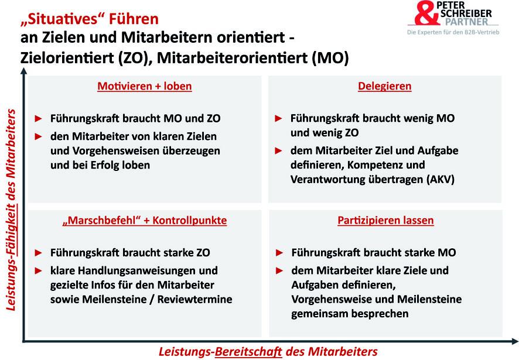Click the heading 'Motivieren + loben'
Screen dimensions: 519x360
[144, 86]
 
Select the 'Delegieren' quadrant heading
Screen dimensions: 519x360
[385, 86]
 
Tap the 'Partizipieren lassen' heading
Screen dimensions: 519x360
[385, 220]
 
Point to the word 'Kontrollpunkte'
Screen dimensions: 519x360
[190, 220]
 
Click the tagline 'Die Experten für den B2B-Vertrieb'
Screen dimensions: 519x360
[453, 32]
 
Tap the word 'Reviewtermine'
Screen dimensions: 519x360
[194, 299]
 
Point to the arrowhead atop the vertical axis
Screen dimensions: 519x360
[23, 71]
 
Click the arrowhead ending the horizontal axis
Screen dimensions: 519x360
[515, 341]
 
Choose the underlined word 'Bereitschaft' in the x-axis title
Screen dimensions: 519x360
[248, 351]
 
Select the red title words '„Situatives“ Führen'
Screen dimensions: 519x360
[90, 19]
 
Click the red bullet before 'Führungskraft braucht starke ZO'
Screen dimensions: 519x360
[39, 253]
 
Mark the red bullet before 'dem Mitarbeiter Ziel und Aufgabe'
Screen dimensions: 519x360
[278, 151]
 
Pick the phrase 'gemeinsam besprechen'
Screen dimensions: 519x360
[350, 314]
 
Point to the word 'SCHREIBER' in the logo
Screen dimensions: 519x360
[466, 13]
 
